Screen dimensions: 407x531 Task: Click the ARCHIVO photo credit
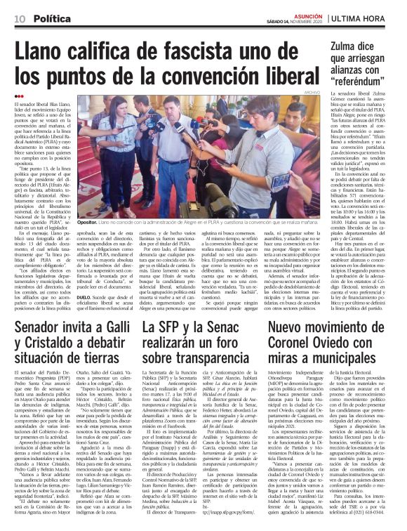[303, 91]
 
